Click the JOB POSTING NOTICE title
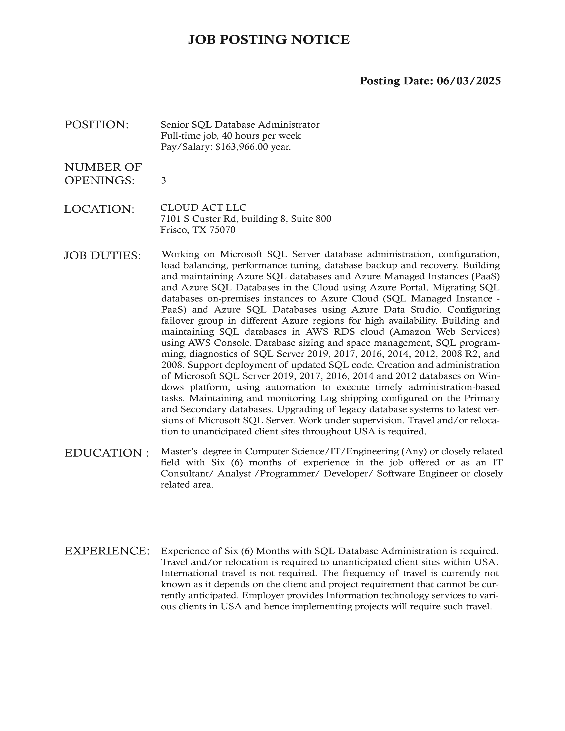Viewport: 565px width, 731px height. click(x=269, y=40)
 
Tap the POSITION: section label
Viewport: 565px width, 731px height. click(x=96, y=125)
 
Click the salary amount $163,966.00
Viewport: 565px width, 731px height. click(x=242, y=147)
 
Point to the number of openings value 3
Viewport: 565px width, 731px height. click(x=163, y=181)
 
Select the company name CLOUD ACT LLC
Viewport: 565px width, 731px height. click(x=203, y=208)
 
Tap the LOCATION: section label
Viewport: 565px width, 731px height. click(x=99, y=209)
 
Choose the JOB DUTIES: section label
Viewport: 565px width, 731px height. click(x=102, y=256)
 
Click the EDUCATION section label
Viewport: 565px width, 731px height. click(x=106, y=453)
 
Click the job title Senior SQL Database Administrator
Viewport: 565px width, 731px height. click(x=240, y=125)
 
